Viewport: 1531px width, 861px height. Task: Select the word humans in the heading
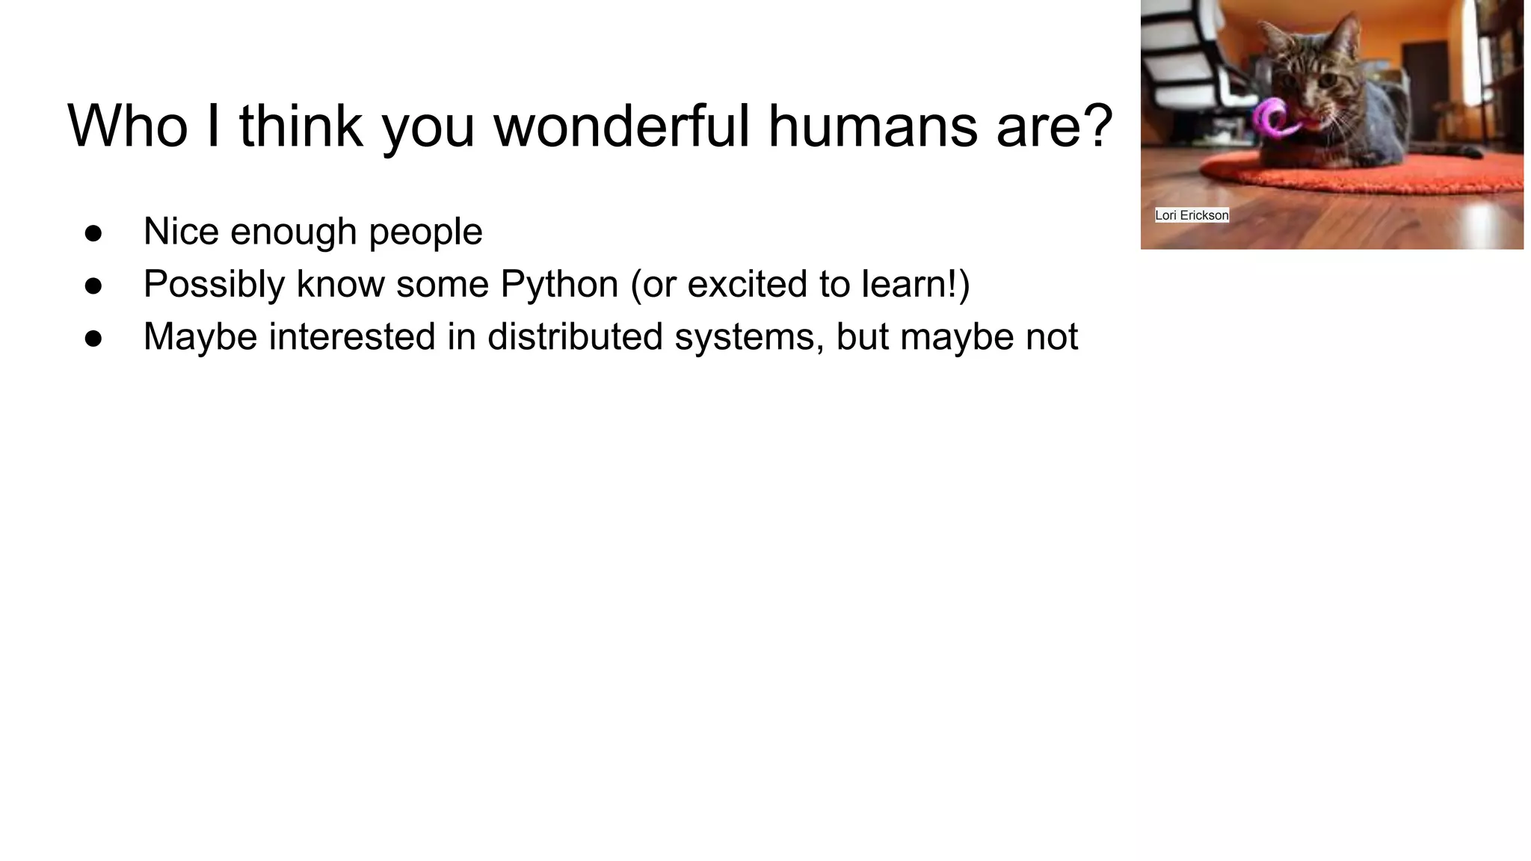coord(872,126)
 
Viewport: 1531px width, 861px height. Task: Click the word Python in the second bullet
coord(559,284)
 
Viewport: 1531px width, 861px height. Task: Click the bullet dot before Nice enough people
coord(93,233)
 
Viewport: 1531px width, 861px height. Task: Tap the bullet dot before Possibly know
coord(93,286)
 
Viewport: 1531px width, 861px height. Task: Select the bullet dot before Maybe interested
coord(93,339)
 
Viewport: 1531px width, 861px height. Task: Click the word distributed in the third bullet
coord(574,336)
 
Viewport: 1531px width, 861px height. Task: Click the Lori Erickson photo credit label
coord(1192,215)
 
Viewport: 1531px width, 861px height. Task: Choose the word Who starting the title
coord(128,126)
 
